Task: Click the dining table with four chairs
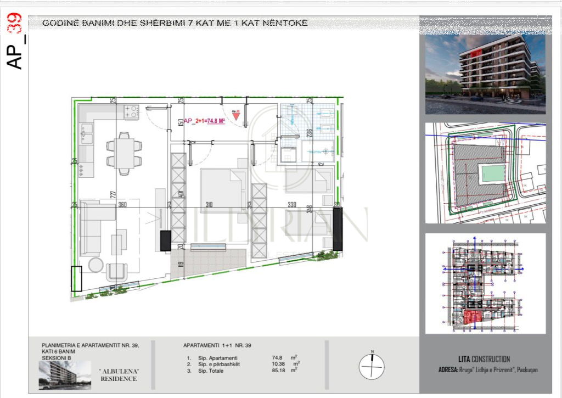click(123, 153)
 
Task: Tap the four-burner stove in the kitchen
click(131, 112)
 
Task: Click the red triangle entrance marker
click(235, 116)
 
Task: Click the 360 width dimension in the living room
click(122, 205)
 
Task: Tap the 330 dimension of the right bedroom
click(292, 205)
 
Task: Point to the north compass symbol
click(372, 365)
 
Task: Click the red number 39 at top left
click(15, 24)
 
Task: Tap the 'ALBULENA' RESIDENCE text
click(118, 375)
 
